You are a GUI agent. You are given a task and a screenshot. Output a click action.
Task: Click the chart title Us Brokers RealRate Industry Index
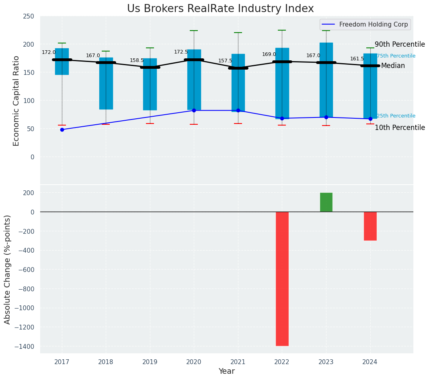pyautogui.click(x=220, y=9)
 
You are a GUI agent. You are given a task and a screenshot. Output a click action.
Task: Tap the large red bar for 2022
pyautogui.click(x=282, y=278)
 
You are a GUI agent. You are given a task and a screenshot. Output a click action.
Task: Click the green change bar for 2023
pyautogui.click(x=326, y=202)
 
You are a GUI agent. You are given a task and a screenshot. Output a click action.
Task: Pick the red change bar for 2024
pyautogui.click(x=370, y=226)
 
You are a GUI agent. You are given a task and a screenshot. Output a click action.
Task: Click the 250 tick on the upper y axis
pyautogui.click(x=29, y=16)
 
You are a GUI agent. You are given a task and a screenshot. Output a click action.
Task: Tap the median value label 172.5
pyautogui.click(x=181, y=52)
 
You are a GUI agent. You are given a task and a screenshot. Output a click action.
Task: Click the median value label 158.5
pyautogui.click(x=137, y=60)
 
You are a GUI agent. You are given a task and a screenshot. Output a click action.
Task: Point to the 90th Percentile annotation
pyautogui.click(x=400, y=44)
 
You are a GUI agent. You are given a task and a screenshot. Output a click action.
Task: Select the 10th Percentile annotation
pyautogui.click(x=400, y=128)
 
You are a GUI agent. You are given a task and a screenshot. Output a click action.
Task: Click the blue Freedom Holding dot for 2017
pyautogui.click(x=62, y=130)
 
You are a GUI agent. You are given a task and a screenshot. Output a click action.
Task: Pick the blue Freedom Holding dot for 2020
pyautogui.click(x=194, y=110)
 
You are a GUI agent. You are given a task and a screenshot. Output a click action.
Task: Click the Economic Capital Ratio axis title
pyautogui.click(x=16, y=101)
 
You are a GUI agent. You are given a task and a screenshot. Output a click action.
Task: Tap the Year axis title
pyautogui.click(x=226, y=371)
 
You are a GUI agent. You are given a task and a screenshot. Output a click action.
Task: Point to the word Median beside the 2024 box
pyautogui.click(x=393, y=66)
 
